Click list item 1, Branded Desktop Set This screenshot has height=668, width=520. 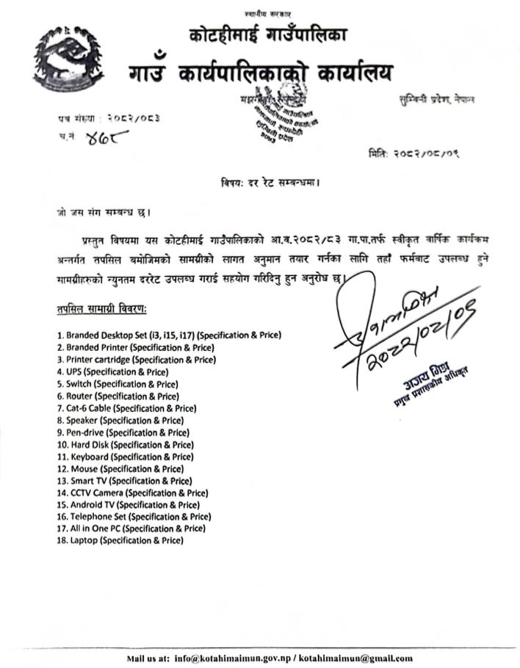click(x=169, y=335)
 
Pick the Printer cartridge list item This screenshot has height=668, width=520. click(x=136, y=359)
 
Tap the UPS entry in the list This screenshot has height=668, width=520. click(x=109, y=371)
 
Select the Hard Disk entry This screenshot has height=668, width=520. click(x=125, y=444)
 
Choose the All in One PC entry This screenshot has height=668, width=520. click(x=131, y=529)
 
